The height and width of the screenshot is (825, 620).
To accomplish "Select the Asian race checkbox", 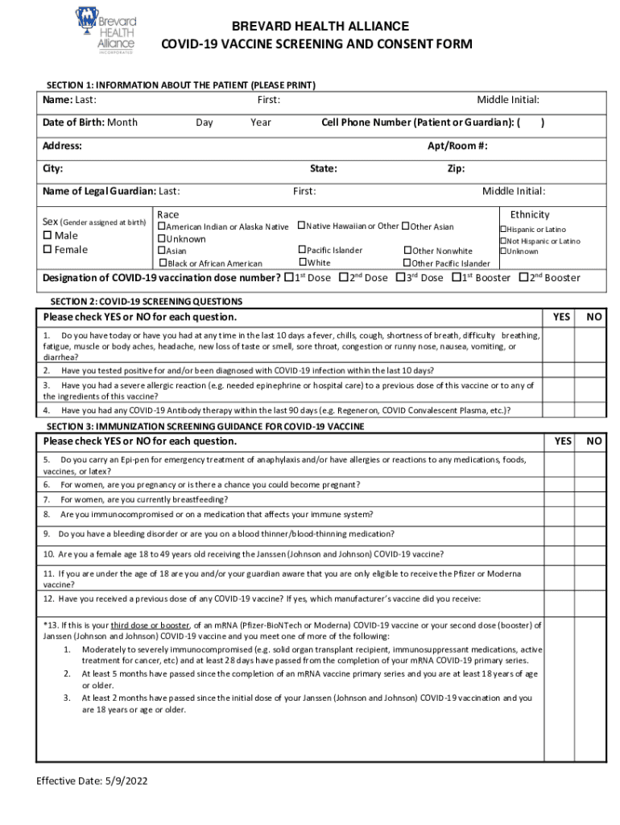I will (161, 251).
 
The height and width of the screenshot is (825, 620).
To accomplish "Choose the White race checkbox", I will (303, 263).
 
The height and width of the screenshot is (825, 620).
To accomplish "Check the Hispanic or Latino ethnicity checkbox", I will (503, 230).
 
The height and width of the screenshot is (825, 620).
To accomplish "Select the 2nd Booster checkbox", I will (523, 278).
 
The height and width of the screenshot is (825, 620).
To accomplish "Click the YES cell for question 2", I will (563, 370).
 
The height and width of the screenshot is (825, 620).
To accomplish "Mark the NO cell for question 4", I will (593, 409).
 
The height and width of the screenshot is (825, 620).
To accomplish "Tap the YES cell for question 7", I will (563, 500).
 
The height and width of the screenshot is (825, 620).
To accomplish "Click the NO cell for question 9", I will (593, 534).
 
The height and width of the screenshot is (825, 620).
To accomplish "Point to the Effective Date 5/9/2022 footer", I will (92, 781).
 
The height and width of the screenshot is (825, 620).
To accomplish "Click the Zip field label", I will (456, 169).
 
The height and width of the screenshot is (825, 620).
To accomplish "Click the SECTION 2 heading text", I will (145, 301).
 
